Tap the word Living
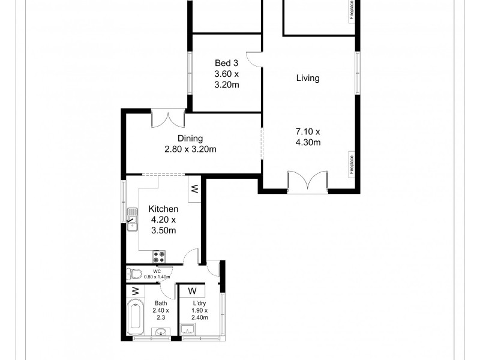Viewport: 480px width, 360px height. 307,78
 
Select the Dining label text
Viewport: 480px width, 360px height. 190,138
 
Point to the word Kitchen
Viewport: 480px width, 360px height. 163,209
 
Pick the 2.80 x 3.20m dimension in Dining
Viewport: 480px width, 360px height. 190,149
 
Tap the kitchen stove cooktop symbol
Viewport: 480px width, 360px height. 159,257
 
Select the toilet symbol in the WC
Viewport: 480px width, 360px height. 135,275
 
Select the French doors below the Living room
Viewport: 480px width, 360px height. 307,181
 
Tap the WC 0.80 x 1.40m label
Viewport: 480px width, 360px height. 157,274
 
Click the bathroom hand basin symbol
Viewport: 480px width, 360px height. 161,332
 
